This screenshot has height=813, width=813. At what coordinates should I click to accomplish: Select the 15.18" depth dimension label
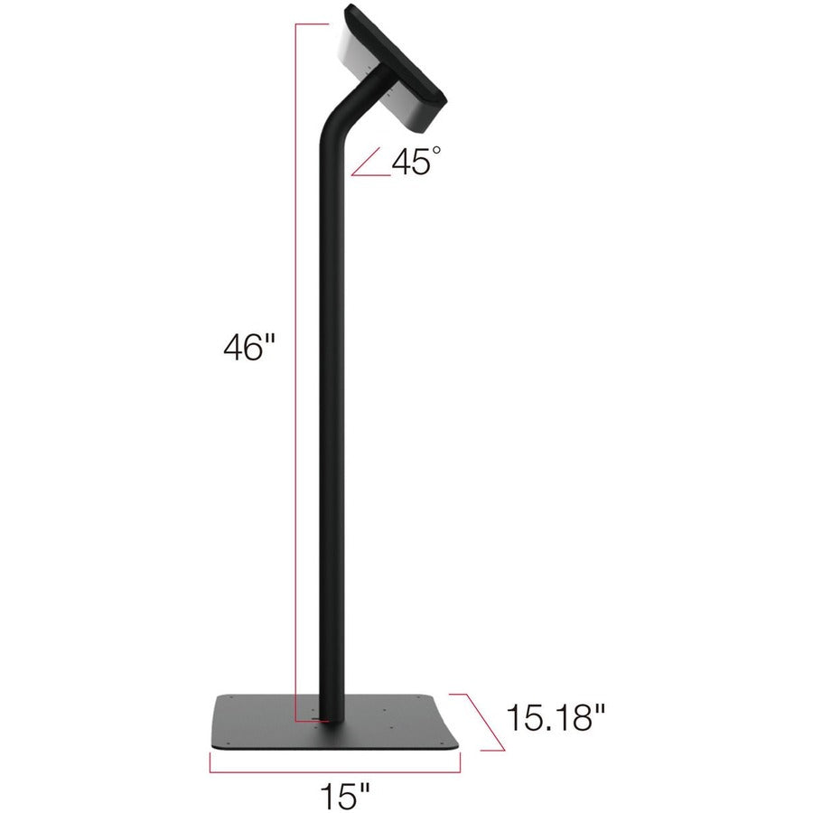pos(555,718)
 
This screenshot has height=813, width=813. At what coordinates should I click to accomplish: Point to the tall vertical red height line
pos(296,361)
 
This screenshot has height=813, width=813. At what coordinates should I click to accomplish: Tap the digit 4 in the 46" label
pos(233,348)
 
